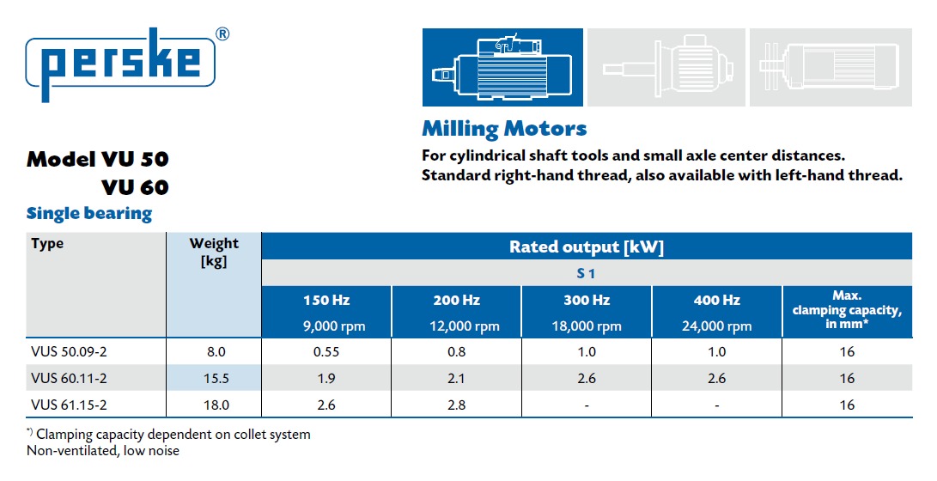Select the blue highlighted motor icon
pos(502,68)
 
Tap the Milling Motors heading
pos(504,129)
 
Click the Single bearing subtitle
pos(89,213)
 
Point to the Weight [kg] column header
pos(214,253)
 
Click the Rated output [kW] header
pos(586,247)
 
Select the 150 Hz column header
pos(326,301)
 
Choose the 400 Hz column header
pos(716,301)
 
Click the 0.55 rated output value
pos(326,351)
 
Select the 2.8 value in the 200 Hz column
pos(456,405)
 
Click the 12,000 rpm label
pos(456,326)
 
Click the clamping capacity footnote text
pos(169,435)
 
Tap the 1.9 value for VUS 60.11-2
pos(326,378)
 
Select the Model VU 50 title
pos(98,159)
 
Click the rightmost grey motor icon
pos(831,68)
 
